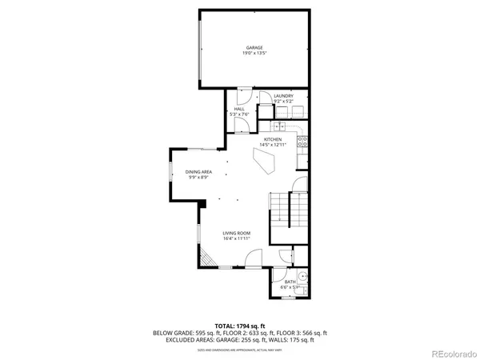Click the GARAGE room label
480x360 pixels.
click(x=254, y=48)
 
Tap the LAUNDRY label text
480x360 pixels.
click(x=284, y=96)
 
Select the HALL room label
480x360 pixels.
click(x=239, y=109)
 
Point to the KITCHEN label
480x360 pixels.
click(x=283, y=139)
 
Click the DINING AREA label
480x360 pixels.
click(x=198, y=172)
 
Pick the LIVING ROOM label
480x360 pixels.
click(x=238, y=233)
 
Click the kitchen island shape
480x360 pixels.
click(x=264, y=162)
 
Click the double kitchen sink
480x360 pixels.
click(x=281, y=126)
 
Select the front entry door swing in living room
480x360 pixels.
click(x=251, y=259)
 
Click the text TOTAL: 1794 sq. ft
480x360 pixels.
click(x=239, y=326)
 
